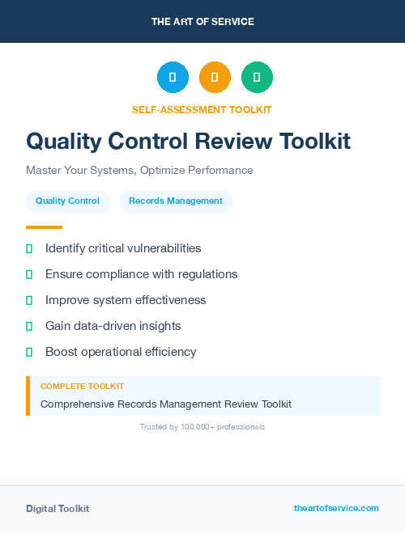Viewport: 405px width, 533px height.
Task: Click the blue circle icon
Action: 173,77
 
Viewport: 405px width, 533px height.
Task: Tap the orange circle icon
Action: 215,77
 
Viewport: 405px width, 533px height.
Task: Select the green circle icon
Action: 257,77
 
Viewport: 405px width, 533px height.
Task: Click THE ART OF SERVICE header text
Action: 202,22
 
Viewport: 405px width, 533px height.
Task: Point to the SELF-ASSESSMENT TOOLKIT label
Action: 202,109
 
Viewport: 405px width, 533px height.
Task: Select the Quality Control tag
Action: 67,201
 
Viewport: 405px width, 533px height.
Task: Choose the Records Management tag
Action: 176,201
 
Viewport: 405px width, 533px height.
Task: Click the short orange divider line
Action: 44,227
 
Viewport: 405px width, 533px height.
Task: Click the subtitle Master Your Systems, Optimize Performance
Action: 139,171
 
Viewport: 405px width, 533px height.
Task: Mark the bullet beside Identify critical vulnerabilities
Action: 29,248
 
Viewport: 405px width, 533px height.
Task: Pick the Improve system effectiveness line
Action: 126,300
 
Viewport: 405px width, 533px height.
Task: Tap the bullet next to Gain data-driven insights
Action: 29,326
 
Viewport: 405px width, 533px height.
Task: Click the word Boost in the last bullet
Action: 62,352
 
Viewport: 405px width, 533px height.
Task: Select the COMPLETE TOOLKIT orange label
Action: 82,387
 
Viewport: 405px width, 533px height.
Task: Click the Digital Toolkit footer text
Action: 58,509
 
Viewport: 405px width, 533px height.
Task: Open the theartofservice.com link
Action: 336,508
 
